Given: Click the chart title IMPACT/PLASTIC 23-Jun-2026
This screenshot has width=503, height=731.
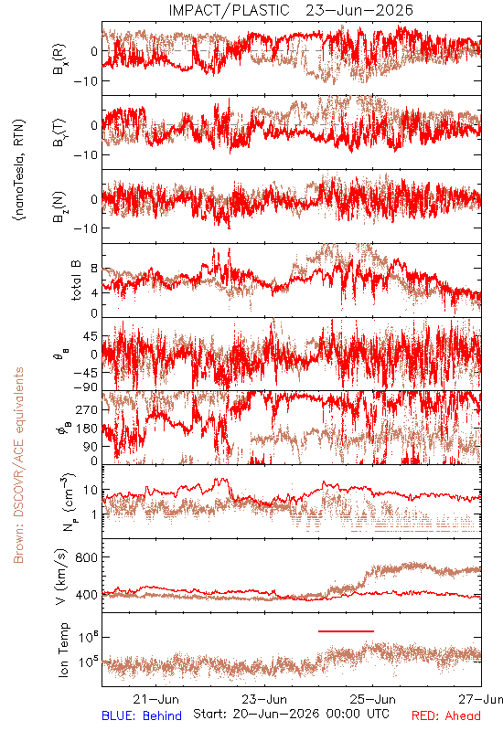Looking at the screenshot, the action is click(x=291, y=10).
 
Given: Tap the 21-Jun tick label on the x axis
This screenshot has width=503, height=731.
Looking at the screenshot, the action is click(x=155, y=699).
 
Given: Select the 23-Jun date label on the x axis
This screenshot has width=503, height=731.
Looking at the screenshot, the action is click(x=264, y=699).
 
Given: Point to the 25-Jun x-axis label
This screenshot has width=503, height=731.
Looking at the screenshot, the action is click(x=373, y=699).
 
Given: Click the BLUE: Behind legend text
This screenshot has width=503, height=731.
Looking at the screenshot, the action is click(x=142, y=715).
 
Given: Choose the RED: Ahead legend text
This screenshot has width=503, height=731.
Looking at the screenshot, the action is click(x=445, y=715).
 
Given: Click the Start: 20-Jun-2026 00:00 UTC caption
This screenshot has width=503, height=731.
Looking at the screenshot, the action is click(x=291, y=714).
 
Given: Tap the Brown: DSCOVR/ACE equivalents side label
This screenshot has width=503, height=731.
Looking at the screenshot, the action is click(x=18, y=465).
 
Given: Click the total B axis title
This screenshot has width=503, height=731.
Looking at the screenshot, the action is click(x=76, y=280).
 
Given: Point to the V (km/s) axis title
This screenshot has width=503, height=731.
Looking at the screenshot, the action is click(x=62, y=577).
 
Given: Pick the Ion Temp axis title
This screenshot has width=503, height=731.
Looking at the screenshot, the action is click(x=63, y=650).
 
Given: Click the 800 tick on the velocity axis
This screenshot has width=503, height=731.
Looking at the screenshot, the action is click(x=86, y=557).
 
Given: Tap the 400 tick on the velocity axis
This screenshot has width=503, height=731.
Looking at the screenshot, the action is click(x=86, y=595).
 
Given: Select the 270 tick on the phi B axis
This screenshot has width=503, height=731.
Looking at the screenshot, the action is click(x=86, y=409).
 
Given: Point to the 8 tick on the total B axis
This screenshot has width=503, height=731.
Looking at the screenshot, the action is click(x=94, y=269).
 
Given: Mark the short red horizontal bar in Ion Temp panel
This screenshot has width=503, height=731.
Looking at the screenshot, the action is click(x=346, y=631).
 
